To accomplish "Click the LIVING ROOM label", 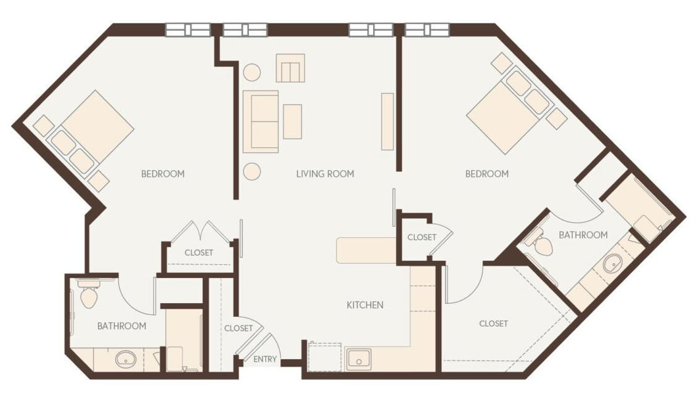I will point(325,174).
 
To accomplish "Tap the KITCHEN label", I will point(365,305).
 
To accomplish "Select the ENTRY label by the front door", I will point(265,359).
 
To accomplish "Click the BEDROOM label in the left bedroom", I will point(163,174).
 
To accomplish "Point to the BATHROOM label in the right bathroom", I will point(583,235).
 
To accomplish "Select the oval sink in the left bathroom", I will point(126,358).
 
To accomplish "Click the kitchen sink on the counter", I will point(358,359).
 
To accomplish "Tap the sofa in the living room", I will point(261,121).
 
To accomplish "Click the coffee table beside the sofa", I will point(292,121).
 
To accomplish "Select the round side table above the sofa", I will point(252,72).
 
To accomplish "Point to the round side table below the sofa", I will point(252,171).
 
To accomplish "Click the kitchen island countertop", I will point(366,250).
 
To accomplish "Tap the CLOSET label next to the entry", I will point(238,328).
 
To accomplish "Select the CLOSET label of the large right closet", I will point(493,324).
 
